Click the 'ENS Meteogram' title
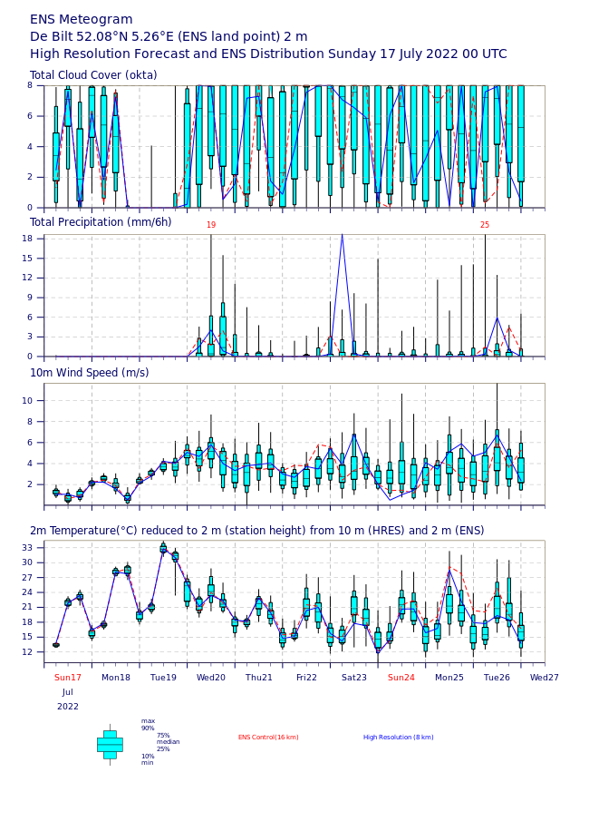pyautogui.click(x=81, y=20)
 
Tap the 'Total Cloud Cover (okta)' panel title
pyautogui.click(x=93, y=74)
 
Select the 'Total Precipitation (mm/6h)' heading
pyautogui.click(x=101, y=222)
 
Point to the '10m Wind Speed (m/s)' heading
pyautogui.click(x=90, y=373)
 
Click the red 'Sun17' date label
pyautogui.click(x=68, y=678)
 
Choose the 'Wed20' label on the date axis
pyautogui.click(x=210, y=678)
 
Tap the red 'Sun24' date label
pyautogui.click(x=401, y=678)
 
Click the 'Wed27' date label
pyautogui.click(x=544, y=678)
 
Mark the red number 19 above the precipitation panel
pyautogui.click(x=211, y=225)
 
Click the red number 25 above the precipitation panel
pyautogui.click(x=485, y=225)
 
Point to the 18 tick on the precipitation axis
pyautogui.click(x=27, y=239)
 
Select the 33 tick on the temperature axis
pyautogui.click(x=27, y=547)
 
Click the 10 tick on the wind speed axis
pyautogui.click(x=27, y=401)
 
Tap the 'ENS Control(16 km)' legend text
pyautogui.click(x=268, y=738)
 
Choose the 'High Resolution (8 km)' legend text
pyautogui.click(x=399, y=738)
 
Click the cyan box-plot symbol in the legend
pyautogui.click(x=110, y=745)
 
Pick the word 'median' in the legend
pyautogui.click(x=169, y=742)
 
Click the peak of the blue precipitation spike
pyautogui.click(x=343, y=234)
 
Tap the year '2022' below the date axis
pyautogui.click(x=68, y=707)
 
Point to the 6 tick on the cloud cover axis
pyautogui.click(x=30, y=116)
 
